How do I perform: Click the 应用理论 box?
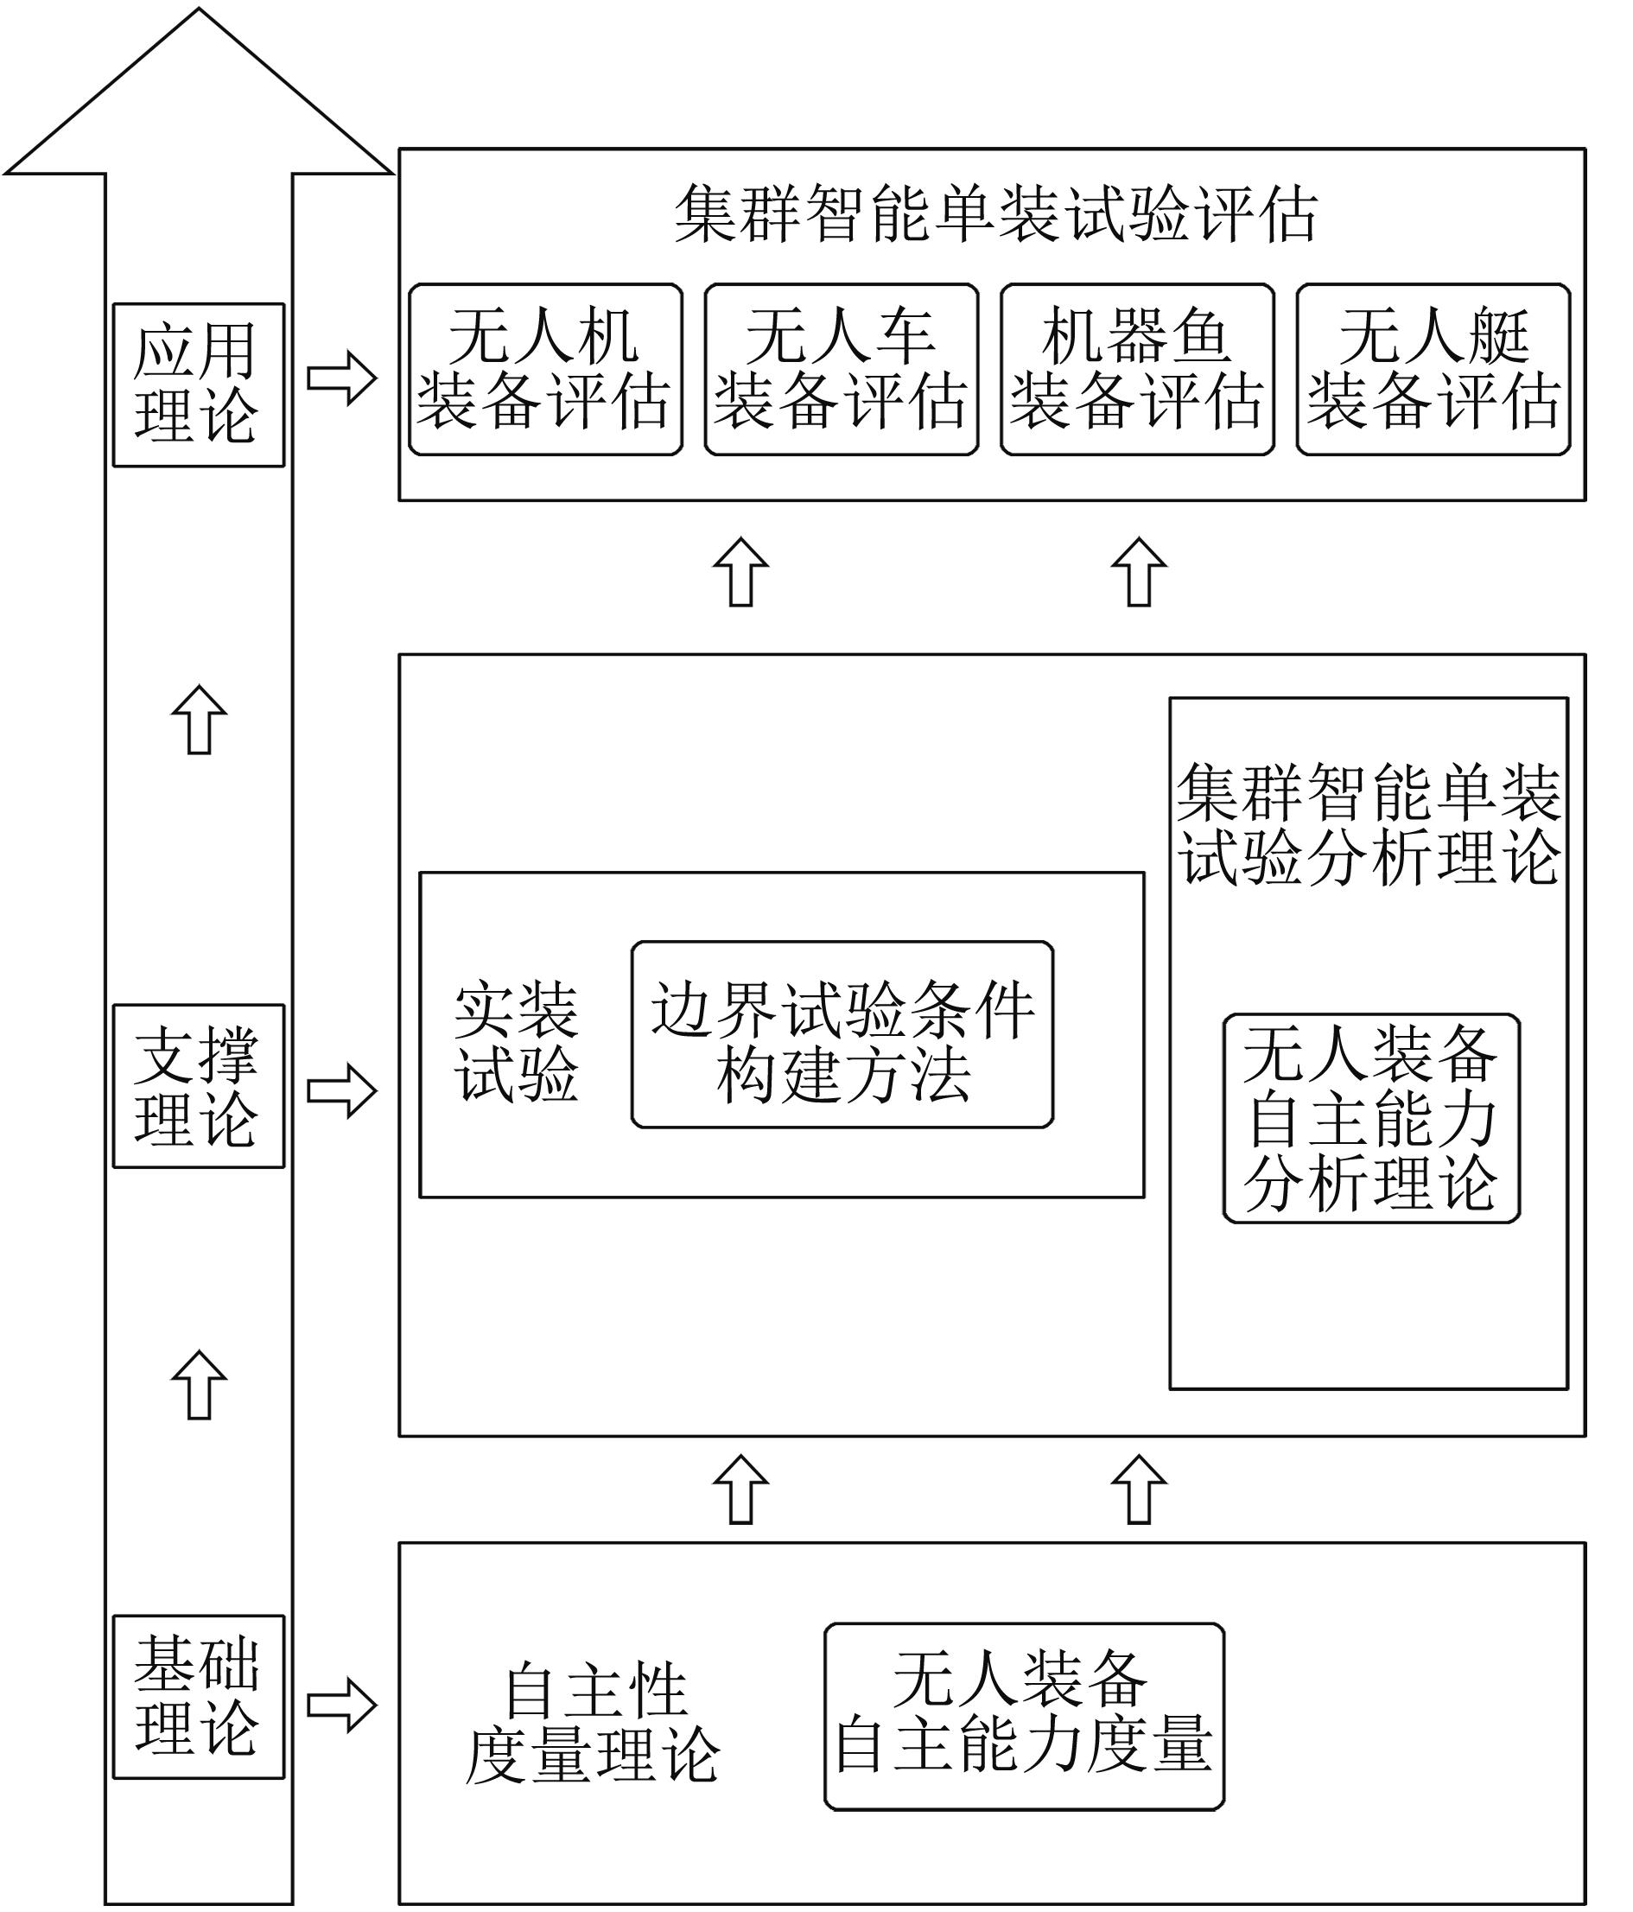coord(199,384)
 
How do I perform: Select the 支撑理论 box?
coord(199,1086)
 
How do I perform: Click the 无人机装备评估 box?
coord(545,369)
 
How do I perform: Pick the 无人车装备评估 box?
coord(841,369)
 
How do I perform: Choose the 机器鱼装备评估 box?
coord(1137,369)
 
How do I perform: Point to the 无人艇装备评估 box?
coord(1433,369)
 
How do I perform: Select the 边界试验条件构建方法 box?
coord(842,1034)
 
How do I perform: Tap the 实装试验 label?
coord(517,1042)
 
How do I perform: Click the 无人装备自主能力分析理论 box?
coord(1371,1118)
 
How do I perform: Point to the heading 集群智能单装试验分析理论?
coord(1369,824)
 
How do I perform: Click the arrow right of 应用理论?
coord(341,378)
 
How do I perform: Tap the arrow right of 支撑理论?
coord(341,1089)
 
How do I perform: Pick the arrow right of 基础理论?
coord(341,1705)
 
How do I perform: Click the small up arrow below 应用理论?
coord(200,720)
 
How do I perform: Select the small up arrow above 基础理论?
coord(200,1385)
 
